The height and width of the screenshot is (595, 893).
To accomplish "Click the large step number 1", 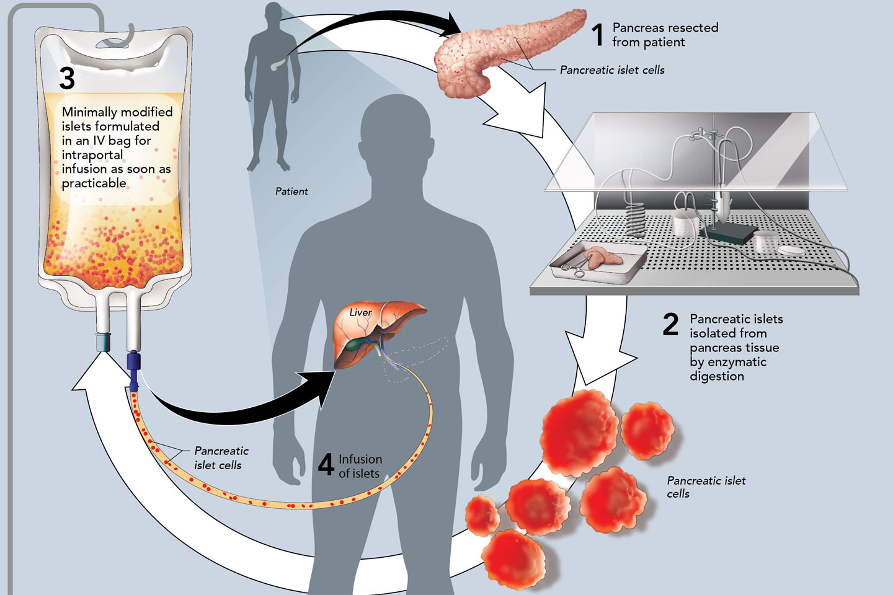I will pos(597,35).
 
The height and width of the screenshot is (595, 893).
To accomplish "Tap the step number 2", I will pos(670,324).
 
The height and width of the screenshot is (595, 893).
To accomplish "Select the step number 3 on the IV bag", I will pos(67,79).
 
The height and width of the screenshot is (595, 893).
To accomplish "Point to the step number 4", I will pos(326,464).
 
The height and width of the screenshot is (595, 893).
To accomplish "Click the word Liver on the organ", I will pos(360,312).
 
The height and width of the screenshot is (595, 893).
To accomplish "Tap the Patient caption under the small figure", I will pos(291,192).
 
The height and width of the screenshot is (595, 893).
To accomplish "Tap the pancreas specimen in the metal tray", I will pos(602,257).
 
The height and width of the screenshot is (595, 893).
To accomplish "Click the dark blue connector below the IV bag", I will pos(133,363).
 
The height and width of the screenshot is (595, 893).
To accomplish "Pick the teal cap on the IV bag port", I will pos(104,342).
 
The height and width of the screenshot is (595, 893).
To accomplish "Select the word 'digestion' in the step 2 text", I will pos(717,376).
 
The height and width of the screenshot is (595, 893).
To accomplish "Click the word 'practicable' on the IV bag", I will pos(94,183).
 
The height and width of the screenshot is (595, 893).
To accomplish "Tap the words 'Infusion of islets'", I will pos(360,466).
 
